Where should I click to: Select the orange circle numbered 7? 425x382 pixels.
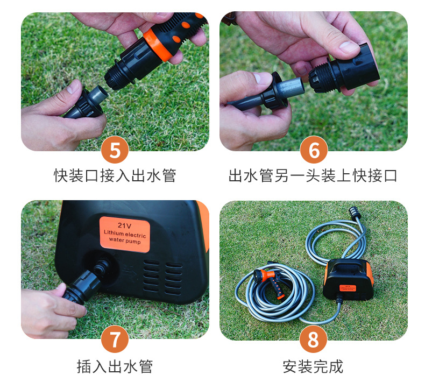[115, 339]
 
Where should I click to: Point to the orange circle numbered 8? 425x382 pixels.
[313, 339]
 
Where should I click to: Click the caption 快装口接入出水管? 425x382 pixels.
[115, 175]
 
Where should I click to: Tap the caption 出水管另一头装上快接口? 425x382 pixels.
[313, 175]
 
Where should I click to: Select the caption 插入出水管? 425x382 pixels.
[115, 366]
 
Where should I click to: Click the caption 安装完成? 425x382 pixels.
[313, 366]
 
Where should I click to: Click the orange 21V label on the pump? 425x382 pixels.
[125, 234]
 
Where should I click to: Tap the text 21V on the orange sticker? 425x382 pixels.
[124, 225]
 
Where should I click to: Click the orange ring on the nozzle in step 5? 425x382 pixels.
[158, 45]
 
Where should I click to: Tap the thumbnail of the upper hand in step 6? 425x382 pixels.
[349, 47]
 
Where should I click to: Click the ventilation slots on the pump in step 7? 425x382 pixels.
[162, 277]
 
